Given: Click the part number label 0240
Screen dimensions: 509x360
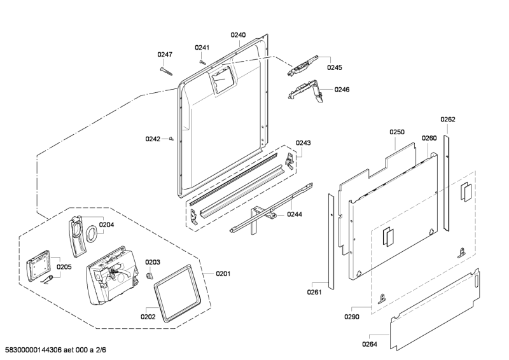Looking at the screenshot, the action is (x=238, y=35).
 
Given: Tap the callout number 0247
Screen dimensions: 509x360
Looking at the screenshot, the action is (x=165, y=54).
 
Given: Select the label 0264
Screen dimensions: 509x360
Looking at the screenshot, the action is (x=370, y=344).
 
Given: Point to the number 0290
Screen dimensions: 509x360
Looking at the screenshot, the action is (x=352, y=317).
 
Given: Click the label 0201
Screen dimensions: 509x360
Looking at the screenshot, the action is (x=223, y=273).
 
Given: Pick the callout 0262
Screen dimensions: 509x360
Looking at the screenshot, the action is (x=448, y=119).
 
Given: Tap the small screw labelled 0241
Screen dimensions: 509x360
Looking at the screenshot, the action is (x=202, y=61).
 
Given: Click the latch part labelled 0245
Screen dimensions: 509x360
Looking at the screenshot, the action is (x=302, y=66).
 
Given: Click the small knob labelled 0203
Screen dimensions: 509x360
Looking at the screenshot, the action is (x=149, y=275).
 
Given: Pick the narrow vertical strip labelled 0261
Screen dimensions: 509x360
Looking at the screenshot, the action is (x=331, y=242).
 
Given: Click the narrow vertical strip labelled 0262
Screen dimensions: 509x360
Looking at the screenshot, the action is (x=447, y=183).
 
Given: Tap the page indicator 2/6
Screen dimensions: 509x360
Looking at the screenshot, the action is (x=101, y=350).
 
